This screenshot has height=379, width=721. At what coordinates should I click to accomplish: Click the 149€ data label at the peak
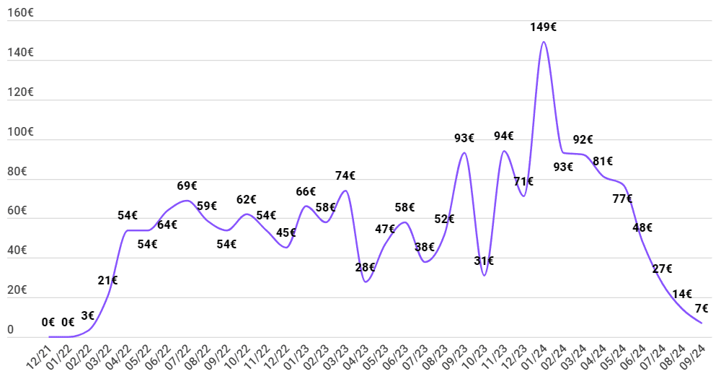point(543,27)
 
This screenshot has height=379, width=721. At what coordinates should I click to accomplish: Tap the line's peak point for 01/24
point(544,42)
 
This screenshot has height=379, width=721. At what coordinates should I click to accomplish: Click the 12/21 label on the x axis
point(39,357)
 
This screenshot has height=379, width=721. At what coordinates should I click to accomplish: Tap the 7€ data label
point(702,308)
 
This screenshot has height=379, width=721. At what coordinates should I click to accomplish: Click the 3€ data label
point(88,316)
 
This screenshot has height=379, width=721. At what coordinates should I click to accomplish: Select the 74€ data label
point(345,175)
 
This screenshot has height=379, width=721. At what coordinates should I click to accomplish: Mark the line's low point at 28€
point(366,282)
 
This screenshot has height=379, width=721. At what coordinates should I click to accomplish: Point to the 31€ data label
point(484,261)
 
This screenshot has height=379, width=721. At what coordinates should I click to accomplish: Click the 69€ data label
point(187,186)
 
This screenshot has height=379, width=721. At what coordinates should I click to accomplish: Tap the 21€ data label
point(107,280)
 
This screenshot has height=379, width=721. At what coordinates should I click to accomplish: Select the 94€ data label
point(503,136)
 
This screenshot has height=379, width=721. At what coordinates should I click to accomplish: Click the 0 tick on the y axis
point(11,330)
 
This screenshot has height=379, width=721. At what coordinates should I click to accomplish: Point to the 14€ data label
point(682,294)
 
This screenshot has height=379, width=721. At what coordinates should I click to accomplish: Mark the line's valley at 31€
point(485,275)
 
